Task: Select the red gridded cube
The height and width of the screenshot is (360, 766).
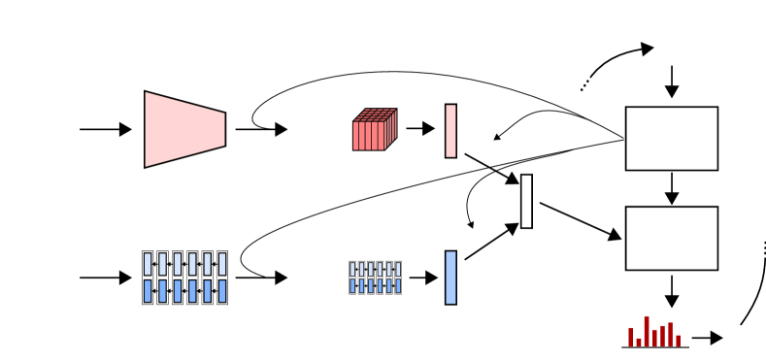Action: pos(371,134)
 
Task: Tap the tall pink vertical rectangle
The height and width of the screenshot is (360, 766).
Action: pos(450,130)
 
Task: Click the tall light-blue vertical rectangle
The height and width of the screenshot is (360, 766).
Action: pos(450,278)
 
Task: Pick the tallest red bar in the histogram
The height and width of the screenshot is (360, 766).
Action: pos(647,331)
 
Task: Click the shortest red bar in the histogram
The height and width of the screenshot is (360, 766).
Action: pos(639,342)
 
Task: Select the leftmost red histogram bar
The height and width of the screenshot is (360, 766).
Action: pos(631,337)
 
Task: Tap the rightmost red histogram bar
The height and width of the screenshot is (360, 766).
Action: pos(678,341)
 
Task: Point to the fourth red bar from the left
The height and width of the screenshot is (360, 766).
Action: pos(654,337)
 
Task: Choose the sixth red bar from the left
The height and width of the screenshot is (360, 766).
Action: pos(670,334)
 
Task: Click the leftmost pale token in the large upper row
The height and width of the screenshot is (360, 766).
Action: pos(148,264)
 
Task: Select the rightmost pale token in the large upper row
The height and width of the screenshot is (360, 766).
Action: pos(221,264)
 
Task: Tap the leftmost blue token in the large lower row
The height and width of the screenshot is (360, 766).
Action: pos(148,291)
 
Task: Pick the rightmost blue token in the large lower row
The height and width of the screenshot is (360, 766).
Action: pos(221,291)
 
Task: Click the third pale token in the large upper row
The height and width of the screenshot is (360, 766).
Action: pos(178,264)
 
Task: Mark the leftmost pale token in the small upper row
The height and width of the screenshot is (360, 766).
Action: pos(352,270)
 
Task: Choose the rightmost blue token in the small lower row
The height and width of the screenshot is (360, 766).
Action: pos(398,286)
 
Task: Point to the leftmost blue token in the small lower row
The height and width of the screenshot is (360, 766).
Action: pos(352,286)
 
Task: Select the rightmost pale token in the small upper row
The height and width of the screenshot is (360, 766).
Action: pos(398,270)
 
